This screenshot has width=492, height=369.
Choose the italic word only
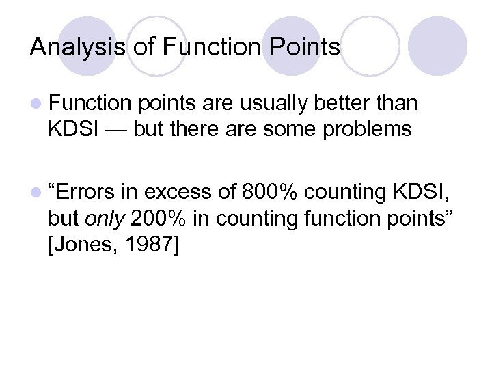(103, 219)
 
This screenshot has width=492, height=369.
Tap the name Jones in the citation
(84, 244)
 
